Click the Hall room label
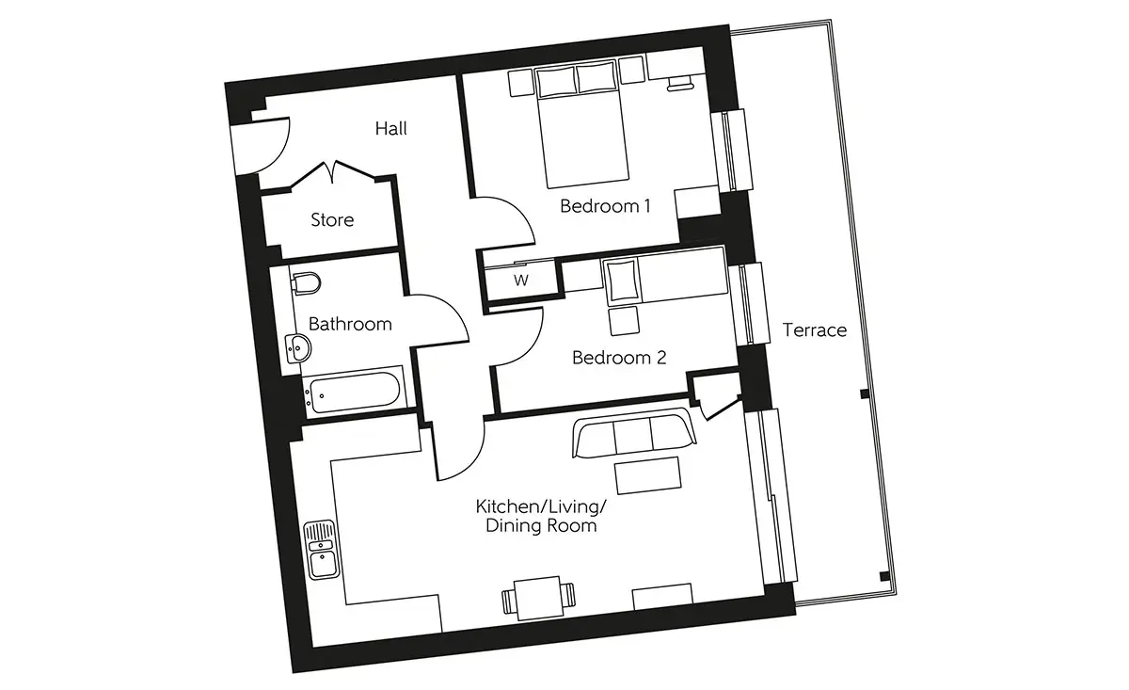[x=391, y=129]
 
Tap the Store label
[x=332, y=220]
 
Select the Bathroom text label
[x=350, y=324]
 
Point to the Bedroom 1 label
[x=605, y=206]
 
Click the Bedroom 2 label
[x=619, y=358]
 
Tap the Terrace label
[x=815, y=329]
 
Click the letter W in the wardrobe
[x=521, y=280]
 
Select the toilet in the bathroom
[x=306, y=284]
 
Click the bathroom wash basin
[x=298, y=348]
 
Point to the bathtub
[x=355, y=392]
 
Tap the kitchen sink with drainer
[x=321, y=550]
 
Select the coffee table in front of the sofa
[x=648, y=475]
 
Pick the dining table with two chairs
[x=539, y=598]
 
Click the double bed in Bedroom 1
[x=583, y=123]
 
